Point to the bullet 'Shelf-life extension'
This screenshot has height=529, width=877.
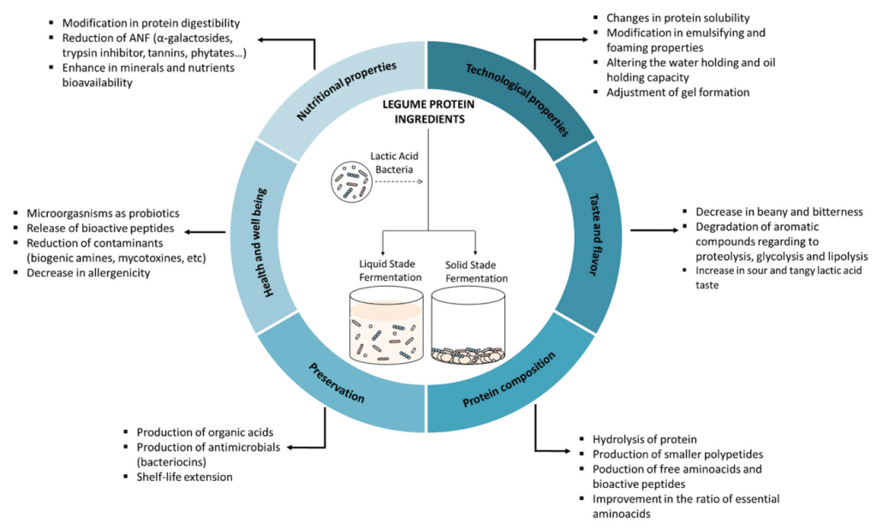(x=183, y=477)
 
